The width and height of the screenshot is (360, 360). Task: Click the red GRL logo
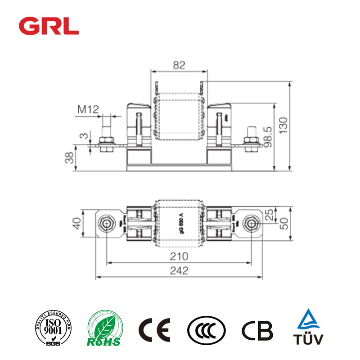[x=49, y=26]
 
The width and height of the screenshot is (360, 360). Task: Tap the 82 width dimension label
[x=179, y=65]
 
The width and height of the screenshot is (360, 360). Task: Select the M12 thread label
[x=88, y=109]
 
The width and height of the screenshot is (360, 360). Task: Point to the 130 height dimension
[x=295, y=126]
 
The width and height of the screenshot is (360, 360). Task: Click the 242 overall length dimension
[x=179, y=270]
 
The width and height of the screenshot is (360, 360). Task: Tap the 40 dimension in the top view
[x=77, y=223]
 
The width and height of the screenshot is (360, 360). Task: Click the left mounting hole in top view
[x=107, y=223]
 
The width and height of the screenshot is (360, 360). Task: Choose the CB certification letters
[x=257, y=331]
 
